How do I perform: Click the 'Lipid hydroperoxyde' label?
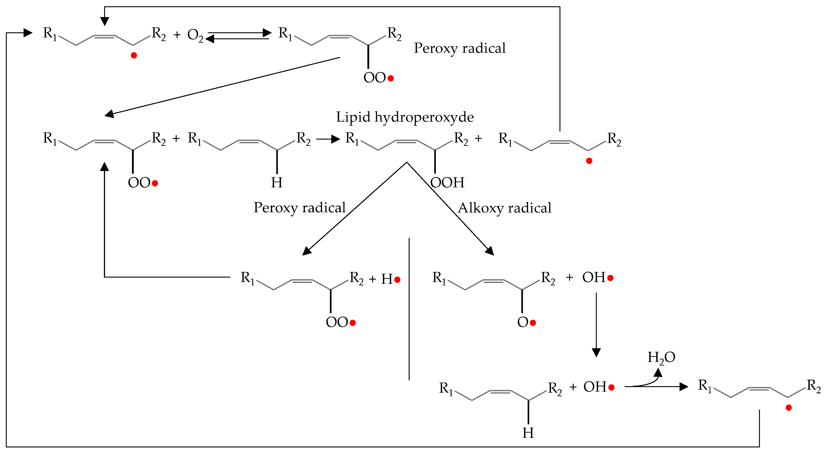click(x=405, y=117)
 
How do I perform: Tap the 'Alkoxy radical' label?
click(x=505, y=208)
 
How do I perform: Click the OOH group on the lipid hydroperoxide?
click(x=447, y=183)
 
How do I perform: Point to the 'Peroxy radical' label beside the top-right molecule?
click(x=460, y=48)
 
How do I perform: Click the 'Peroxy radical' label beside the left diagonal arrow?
click(x=299, y=208)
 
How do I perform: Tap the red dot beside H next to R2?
click(x=397, y=280)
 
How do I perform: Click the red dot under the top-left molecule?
click(x=134, y=56)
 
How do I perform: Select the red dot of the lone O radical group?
click(x=533, y=323)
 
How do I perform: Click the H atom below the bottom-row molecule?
click(x=528, y=433)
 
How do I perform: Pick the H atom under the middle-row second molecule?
click(x=277, y=183)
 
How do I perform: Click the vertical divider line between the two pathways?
click(x=409, y=309)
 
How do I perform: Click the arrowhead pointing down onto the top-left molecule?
click(x=104, y=22)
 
